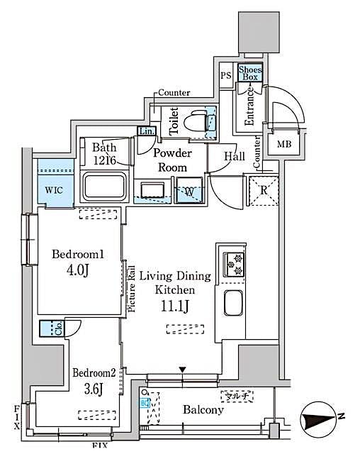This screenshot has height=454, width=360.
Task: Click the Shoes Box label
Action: (250, 72)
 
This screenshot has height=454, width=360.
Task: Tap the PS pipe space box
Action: (226, 76)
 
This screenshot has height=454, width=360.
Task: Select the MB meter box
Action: (283, 145)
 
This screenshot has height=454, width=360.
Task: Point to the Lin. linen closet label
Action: (147, 131)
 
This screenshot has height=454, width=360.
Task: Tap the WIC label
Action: (54, 190)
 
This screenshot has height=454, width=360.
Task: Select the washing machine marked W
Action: (189, 191)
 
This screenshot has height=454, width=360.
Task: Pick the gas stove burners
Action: (234, 264)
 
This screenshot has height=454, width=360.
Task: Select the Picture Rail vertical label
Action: (132, 287)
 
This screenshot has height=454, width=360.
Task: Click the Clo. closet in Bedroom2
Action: (52, 328)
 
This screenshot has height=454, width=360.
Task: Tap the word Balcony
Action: (203, 410)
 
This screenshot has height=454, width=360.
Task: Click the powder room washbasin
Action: (152, 189)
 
